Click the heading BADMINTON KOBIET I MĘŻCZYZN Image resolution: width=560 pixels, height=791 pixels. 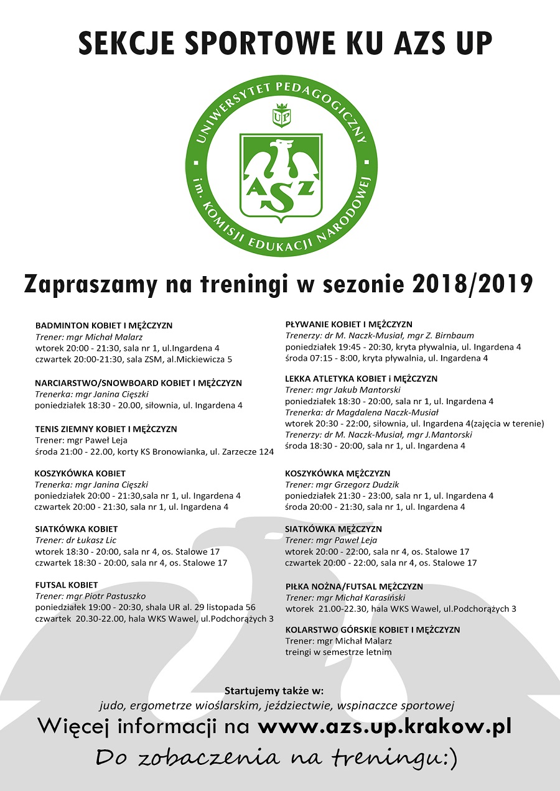pos(104,325)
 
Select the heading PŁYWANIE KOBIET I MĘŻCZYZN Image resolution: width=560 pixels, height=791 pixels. pos(348,324)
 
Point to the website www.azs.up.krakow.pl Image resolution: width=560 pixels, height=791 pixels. pos(385,726)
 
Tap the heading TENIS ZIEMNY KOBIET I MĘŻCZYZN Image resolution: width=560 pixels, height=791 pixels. pos(106,429)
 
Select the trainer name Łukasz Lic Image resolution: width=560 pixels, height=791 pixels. pos(96,540)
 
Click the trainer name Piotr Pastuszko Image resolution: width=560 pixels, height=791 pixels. pos(110,596)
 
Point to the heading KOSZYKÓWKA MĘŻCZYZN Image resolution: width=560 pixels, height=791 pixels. pos(338,473)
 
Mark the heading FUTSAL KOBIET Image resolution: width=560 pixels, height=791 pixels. pos(67,585)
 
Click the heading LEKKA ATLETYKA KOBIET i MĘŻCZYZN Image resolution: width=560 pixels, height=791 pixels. pos(361,378)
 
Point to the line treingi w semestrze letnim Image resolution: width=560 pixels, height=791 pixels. pos(338,652)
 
